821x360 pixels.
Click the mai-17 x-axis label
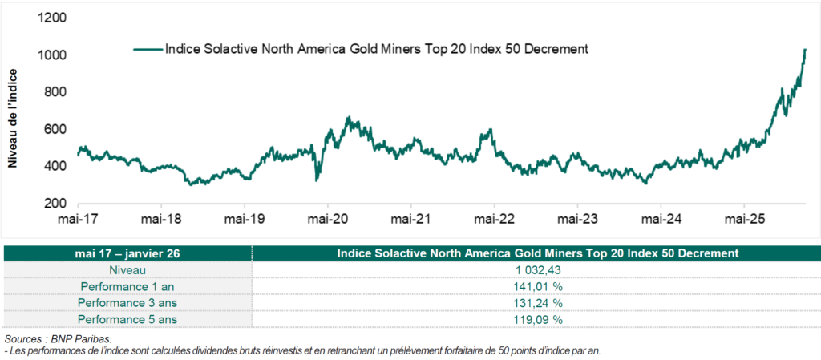coord(78,218)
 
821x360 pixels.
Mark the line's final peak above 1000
coord(804,50)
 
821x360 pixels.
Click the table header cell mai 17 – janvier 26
coord(127,253)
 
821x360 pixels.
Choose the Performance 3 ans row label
coord(127,302)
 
